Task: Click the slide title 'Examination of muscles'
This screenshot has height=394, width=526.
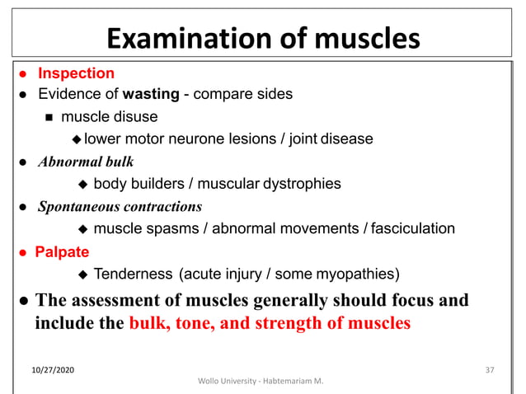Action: [x=264, y=38]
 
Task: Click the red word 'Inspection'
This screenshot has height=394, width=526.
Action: [x=76, y=74]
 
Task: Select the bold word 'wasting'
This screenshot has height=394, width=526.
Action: [x=151, y=94]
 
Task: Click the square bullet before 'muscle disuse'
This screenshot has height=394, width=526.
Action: [x=49, y=117]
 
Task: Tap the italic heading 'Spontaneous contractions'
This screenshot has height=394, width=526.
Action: [x=120, y=206]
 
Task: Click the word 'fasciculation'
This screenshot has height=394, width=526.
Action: [x=413, y=228]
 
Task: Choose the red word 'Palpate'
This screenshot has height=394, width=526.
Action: [x=62, y=251]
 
